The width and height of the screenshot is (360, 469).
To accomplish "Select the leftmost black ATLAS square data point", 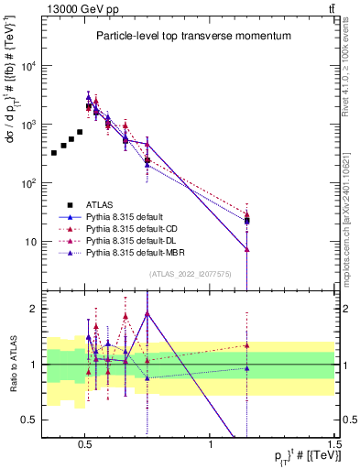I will tap(54, 153).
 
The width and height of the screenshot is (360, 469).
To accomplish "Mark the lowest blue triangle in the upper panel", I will tap(247, 248).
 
